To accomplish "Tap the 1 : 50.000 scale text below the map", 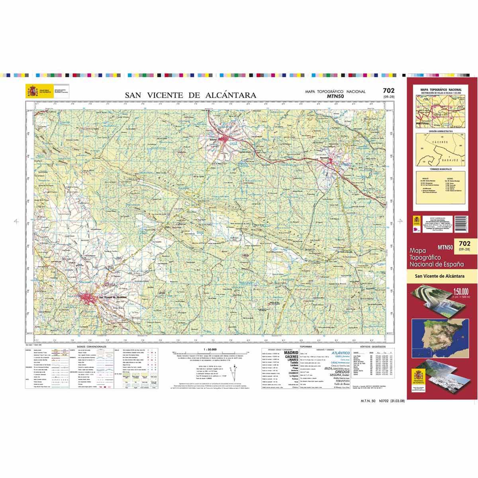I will (x=210, y=349).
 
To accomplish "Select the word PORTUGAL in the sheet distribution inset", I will (x=422, y=123).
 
